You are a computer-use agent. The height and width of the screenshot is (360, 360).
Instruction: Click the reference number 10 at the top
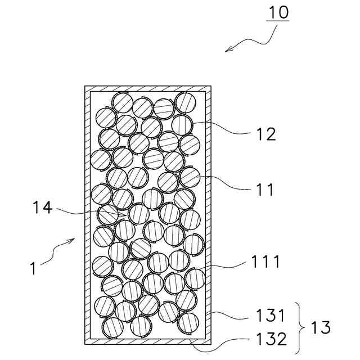pyautogui.click(x=277, y=12)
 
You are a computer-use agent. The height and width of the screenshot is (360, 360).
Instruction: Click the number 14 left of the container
pyautogui.click(x=42, y=209)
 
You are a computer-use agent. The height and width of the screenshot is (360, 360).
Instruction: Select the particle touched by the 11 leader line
pyautogui.click(x=190, y=177)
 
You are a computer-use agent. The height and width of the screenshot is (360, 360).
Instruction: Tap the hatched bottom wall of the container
pyautogui.click(x=148, y=341)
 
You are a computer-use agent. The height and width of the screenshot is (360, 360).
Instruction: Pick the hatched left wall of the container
pyautogui.click(x=87, y=214)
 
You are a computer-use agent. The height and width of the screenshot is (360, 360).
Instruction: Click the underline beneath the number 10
pyautogui.click(x=277, y=21)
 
